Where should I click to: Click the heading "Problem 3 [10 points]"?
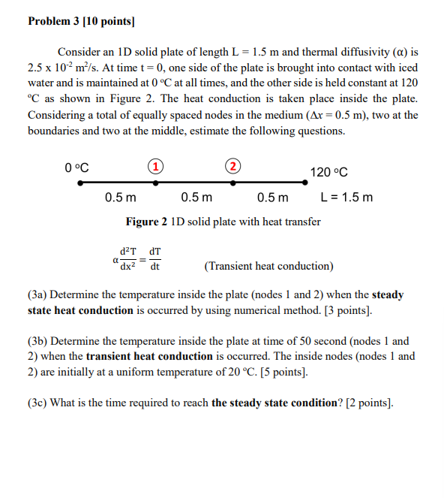point(80,20)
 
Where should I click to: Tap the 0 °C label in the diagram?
point(77,167)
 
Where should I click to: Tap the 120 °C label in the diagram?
point(328,172)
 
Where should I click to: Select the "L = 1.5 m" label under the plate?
point(346,198)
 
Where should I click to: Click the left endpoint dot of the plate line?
point(78,183)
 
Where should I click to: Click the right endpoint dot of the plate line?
point(308,183)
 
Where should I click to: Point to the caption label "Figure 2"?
point(146,222)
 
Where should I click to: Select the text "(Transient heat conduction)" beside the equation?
point(268,266)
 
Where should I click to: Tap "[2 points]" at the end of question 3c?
point(367,402)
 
